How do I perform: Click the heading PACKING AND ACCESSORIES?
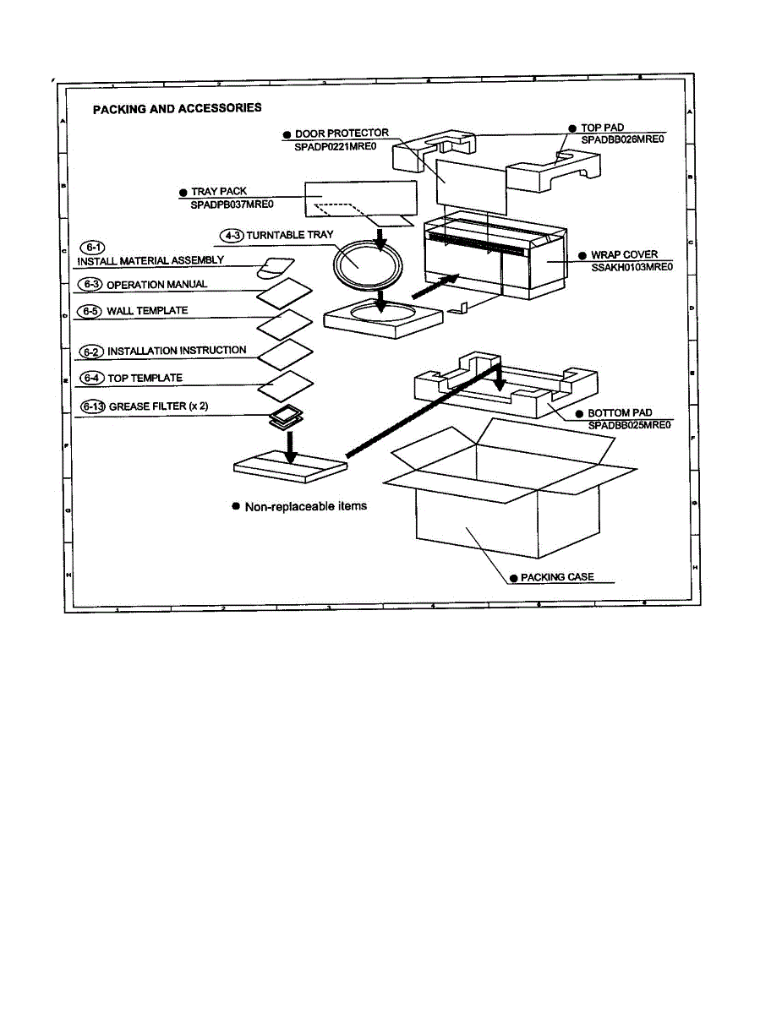(177, 108)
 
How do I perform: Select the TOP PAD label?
(602, 128)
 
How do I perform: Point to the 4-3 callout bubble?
(230, 234)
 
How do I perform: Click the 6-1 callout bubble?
(91, 247)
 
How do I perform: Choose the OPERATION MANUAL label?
(156, 285)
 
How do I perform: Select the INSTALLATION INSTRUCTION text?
(177, 350)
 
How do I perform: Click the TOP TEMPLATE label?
(145, 378)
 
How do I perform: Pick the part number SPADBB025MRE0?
(629, 425)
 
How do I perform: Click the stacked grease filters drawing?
(287, 417)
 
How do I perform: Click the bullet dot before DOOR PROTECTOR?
(287, 134)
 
